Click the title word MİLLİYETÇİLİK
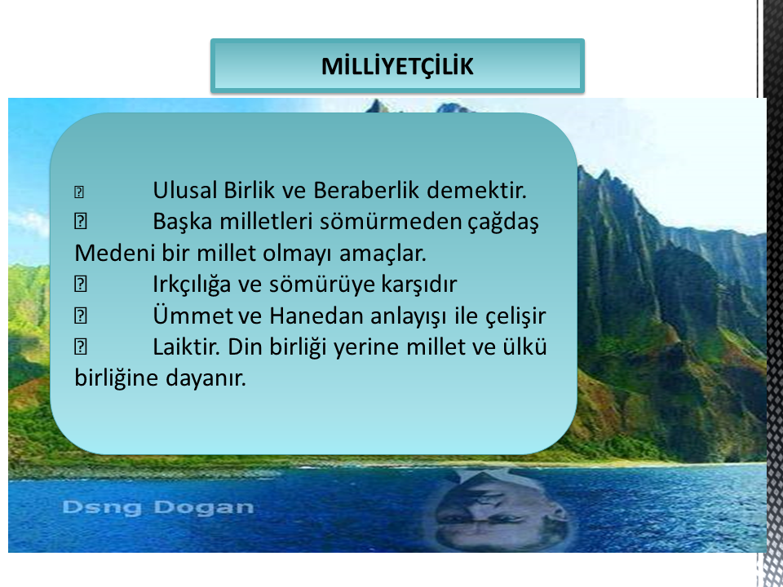(397, 66)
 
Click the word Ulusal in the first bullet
(185, 190)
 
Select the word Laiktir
(186, 347)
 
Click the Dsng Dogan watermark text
(157, 507)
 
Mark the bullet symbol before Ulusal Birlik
(79, 192)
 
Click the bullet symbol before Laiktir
(81, 347)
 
